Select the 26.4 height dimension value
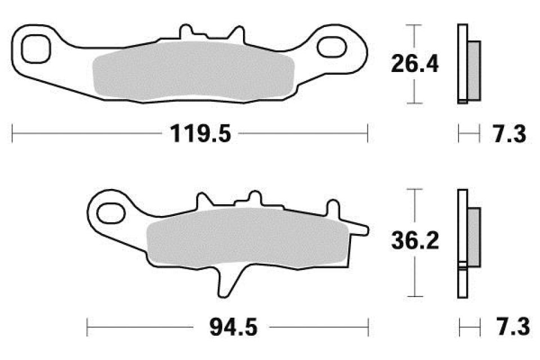tap(415, 65)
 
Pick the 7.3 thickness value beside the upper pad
tap(508, 136)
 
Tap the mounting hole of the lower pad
tap(109, 212)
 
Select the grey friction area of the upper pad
tap(194, 72)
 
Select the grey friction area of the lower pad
tap(242, 236)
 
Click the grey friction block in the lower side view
tap(474, 236)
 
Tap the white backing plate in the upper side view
tap(462, 62)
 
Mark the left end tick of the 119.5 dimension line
tap(12, 135)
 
